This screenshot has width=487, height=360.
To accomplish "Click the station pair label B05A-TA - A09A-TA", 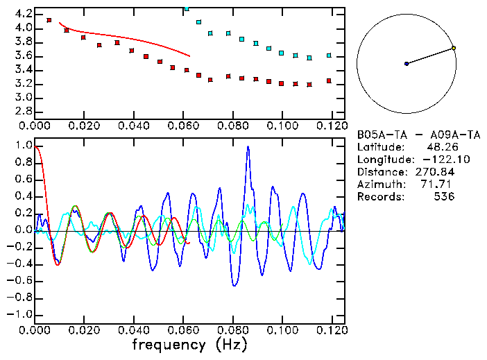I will [x=418, y=135].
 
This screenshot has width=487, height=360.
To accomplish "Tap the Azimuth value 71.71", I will [x=439, y=185].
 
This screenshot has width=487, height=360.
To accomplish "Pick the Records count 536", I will [x=444, y=197].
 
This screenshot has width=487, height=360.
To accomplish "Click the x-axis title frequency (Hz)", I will [x=189, y=345].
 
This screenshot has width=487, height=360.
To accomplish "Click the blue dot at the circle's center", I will [x=407, y=64].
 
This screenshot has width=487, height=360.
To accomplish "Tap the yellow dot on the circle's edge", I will [x=453, y=48].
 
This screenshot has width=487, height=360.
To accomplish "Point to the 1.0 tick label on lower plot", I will [x=24, y=146].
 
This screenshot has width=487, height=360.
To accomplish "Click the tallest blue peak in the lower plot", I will [x=248, y=148].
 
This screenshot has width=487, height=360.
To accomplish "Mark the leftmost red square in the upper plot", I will [x=49, y=20].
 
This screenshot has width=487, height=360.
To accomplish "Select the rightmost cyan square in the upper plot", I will [x=329, y=55].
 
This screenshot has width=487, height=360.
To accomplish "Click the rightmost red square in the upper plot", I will [x=329, y=81].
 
